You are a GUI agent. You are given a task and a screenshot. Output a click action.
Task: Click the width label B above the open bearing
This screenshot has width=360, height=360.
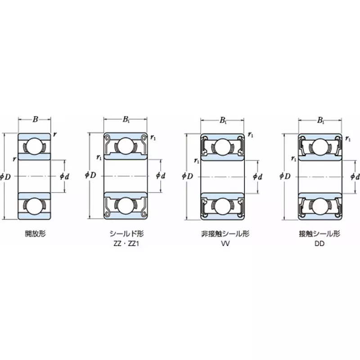[35, 120]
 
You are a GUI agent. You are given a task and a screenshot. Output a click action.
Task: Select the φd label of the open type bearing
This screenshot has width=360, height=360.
[64, 176]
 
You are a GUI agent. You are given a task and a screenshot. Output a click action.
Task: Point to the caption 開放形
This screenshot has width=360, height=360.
[35, 234]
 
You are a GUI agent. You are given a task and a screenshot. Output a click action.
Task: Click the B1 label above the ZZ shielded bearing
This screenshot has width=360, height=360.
[126, 120]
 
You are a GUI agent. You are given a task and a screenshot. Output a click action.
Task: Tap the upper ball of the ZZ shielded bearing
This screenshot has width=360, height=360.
[126, 146]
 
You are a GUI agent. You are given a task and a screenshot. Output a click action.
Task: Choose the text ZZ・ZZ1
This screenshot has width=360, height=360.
[126, 245]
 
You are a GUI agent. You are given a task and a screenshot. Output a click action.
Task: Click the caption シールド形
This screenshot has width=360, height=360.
[126, 234]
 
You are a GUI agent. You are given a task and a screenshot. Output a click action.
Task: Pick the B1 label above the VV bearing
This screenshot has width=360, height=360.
[223, 120]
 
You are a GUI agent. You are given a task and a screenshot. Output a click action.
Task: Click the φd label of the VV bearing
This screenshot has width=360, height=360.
[258, 176]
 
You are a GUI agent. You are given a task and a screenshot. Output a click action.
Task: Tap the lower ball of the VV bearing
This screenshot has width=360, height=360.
[223, 206]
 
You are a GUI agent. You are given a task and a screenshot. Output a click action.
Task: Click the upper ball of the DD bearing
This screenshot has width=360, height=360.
[320, 146]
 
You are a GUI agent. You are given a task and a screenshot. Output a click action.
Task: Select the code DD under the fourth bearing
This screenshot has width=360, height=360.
[320, 245]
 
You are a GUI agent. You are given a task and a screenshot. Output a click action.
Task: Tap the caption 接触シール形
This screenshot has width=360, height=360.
[320, 234]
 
